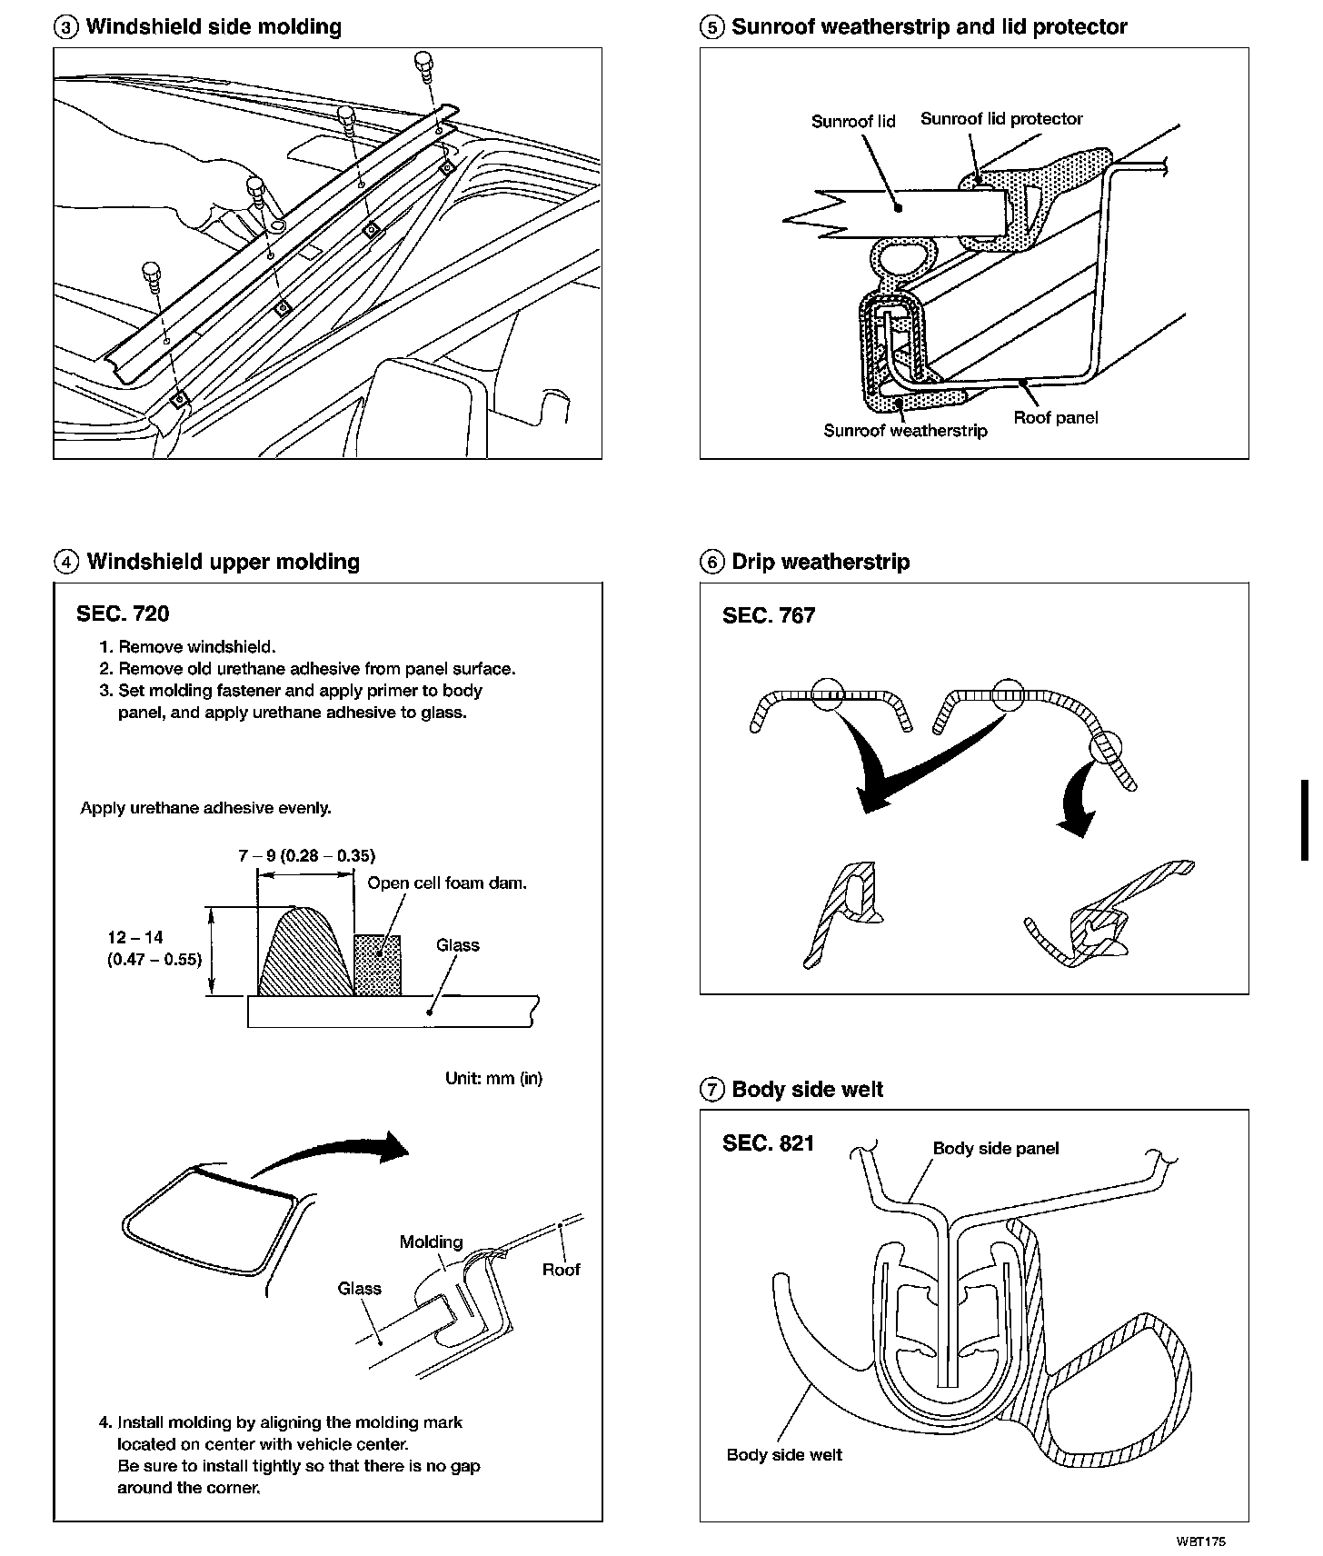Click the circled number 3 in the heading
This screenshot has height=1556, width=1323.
[66, 27]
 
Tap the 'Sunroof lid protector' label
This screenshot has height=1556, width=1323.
[1001, 119]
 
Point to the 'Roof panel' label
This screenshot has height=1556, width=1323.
[1055, 418]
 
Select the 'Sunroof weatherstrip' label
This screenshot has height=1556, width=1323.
[905, 431]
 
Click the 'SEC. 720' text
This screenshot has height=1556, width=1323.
[123, 614]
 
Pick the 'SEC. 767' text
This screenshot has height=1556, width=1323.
[769, 615]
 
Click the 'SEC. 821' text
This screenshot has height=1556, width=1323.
[769, 1142]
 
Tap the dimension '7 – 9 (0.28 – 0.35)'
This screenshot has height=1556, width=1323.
[307, 855]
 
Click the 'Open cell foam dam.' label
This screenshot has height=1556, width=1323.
[447, 883]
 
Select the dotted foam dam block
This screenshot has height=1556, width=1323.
[377, 965]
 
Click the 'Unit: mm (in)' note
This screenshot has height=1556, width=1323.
[493, 1078]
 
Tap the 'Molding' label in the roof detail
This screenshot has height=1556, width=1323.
[431, 1242]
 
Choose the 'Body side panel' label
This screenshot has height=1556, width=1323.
[996, 1148]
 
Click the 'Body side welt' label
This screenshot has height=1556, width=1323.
[784, 1455]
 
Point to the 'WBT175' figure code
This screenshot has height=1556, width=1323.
[1200, 1541]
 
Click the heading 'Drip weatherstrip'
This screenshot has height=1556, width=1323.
[821, 562]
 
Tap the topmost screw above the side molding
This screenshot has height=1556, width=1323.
[424, 65]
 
